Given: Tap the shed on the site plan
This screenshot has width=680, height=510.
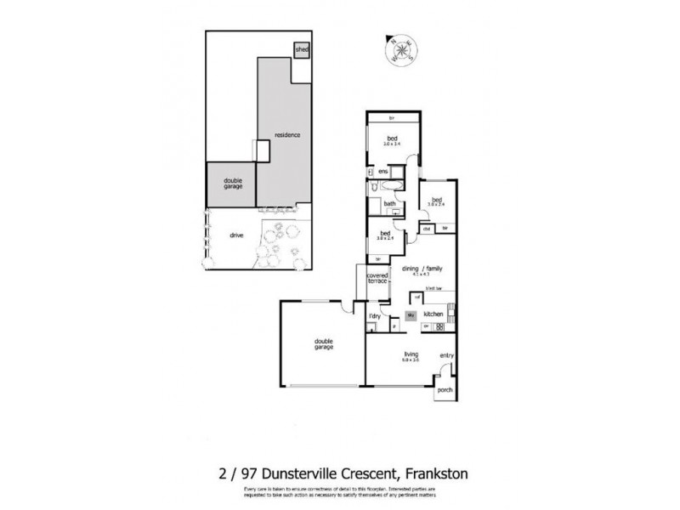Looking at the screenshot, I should pyautogui.click(x=301, y=50).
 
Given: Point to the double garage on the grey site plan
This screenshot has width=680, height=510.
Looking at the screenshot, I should pyautogui.click(x=232, y=183).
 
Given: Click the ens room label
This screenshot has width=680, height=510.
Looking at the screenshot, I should pyautogui.click(x=383, y=171).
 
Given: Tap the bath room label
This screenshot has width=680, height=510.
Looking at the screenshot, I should pyautogui.click(x=389, y=204).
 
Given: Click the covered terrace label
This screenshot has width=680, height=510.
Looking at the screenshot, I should pyautogui.click(x=377, y=280).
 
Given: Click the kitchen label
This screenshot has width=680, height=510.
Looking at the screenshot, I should pyautogui.click(x=433, y=314).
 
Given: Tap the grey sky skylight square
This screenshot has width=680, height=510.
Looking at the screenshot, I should pyautogui.click(x=411, y=315).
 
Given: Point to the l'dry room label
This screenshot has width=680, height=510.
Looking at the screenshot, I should pyautogui.click(x=373, y=316).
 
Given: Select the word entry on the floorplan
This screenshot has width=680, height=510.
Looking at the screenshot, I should pyautogui.click(x=446, y=355).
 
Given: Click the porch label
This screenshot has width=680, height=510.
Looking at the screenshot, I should pyautogui.click(x=444, y=391).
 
